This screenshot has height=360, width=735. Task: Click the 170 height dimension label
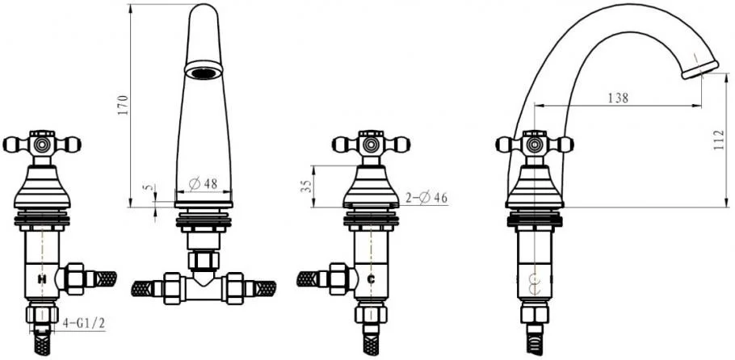point(122,106)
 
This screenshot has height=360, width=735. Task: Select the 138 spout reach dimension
point(618,98)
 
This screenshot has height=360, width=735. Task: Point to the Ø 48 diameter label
point(204,183)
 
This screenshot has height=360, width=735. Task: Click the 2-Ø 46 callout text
point(426,198)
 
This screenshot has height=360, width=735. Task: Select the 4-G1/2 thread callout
point(84,323)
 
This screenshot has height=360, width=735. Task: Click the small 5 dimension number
point(149,187)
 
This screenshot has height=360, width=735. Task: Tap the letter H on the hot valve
point(42,279)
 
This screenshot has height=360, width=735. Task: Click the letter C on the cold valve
point(371,279)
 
